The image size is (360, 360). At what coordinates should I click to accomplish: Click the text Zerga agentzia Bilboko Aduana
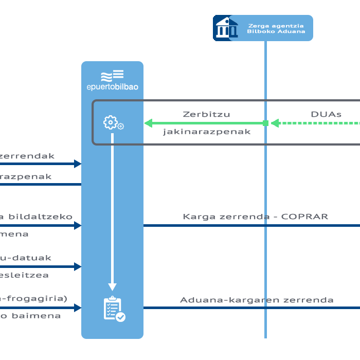(276, 28)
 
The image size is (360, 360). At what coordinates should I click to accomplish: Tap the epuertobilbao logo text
(112, 87)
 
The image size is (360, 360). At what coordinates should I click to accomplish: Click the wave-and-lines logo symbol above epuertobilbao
(112, 76)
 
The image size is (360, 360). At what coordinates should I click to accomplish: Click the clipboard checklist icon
(114, 309)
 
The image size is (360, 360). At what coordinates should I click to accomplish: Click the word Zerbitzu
(206, 114)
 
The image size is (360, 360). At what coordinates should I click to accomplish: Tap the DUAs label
(326, 114)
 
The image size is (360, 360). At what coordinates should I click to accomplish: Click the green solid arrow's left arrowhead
(149, 123)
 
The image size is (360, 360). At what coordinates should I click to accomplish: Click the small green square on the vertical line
(265, 123)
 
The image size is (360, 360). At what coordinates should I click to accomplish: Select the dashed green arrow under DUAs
(316, 123)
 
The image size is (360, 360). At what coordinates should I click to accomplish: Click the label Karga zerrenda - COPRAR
(255, 217)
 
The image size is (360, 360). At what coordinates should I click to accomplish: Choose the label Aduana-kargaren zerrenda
(257, 300)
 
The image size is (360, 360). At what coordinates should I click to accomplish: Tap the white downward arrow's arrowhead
(113, 287)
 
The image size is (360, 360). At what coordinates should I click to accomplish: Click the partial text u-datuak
(26, 258)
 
